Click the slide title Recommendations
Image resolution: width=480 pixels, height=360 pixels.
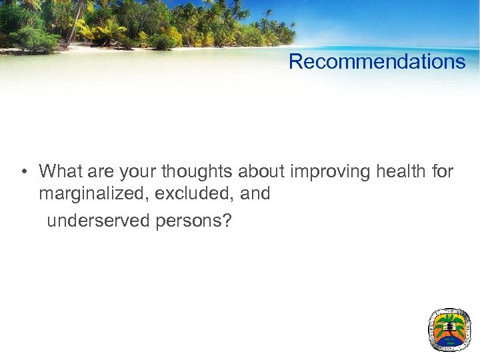click(x=377, y=62)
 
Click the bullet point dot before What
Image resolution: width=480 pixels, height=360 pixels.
click(x=23, y=173)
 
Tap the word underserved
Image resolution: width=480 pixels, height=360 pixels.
click(x=98, y=221)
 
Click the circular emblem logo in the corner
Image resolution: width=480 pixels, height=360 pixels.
click(x=449, y=329)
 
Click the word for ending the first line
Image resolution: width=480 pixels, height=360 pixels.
click(x=442, y=171)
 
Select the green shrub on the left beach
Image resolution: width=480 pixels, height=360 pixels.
click(x=33, y=40)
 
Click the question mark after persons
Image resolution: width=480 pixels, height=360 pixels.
click(x=227, y=221)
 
